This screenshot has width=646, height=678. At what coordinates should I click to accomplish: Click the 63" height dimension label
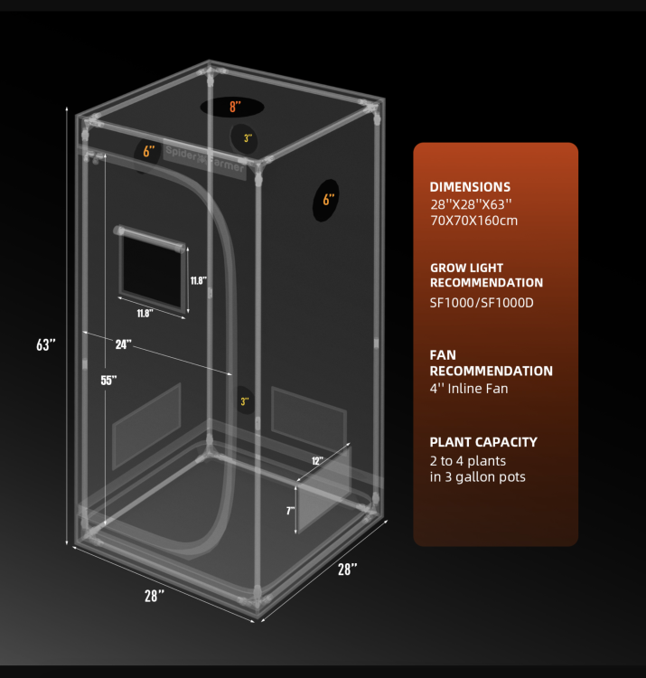pyautogui.click(x=46, y=344)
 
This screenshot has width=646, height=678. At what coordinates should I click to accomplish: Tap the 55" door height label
pyautogui.click(x=108, y=380)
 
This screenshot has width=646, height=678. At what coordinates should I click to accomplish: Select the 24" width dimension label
pyautogui.click(x=123, y=344)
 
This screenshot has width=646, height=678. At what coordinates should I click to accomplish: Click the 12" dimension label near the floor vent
pyautogui.click(x=317, y=460)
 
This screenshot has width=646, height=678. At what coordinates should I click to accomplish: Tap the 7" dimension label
pyautogui.click(x=290, y=511)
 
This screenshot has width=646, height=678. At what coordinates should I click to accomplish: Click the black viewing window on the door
pyautogui.click(x=152, y=269)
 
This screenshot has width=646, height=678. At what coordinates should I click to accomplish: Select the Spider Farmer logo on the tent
pyautogui.click(x=205, y=159)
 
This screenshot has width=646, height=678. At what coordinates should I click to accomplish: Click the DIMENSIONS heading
pyautogui.click(x=470, y=187)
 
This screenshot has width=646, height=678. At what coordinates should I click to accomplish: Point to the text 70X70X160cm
pyautogui.click(x=473, y=221)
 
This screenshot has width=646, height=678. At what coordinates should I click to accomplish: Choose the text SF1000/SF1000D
pyautogui.click(x=482, y=303)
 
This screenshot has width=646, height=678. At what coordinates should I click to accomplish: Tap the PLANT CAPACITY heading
pyautogui.click(x=483, y=442)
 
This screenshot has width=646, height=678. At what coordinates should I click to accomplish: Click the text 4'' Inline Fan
pyautogui.click(x=469, y=389)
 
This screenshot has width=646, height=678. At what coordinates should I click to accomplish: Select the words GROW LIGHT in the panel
pyautogui.click(x=467, y=268)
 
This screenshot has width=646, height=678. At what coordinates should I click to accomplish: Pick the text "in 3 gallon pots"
pyautogui.click(x=477, y=477)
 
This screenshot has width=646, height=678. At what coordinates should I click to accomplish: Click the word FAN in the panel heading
pyautogui.click(x=443, y=355)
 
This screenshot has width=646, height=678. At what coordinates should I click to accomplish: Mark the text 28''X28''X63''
pyautogui.click(x=471, y=203)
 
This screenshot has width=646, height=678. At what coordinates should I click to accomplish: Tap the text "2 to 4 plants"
pyautogui.click(x=467, y=461)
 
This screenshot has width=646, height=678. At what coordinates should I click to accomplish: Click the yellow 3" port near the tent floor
pyautogui.click(x=245, y=401)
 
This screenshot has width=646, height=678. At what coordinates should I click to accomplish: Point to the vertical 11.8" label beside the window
pyautogui.click(x=199, y=280)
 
